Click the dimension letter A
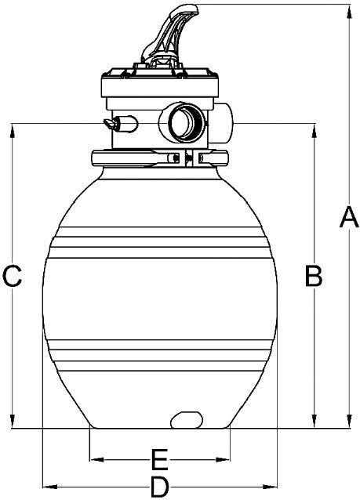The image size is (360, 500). point(350,217)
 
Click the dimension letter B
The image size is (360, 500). point(314,275)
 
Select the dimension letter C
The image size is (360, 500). point(12,275)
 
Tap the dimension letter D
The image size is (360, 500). point(159,487)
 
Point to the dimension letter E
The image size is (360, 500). point(159,460)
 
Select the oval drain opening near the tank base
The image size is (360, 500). point(187,419)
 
